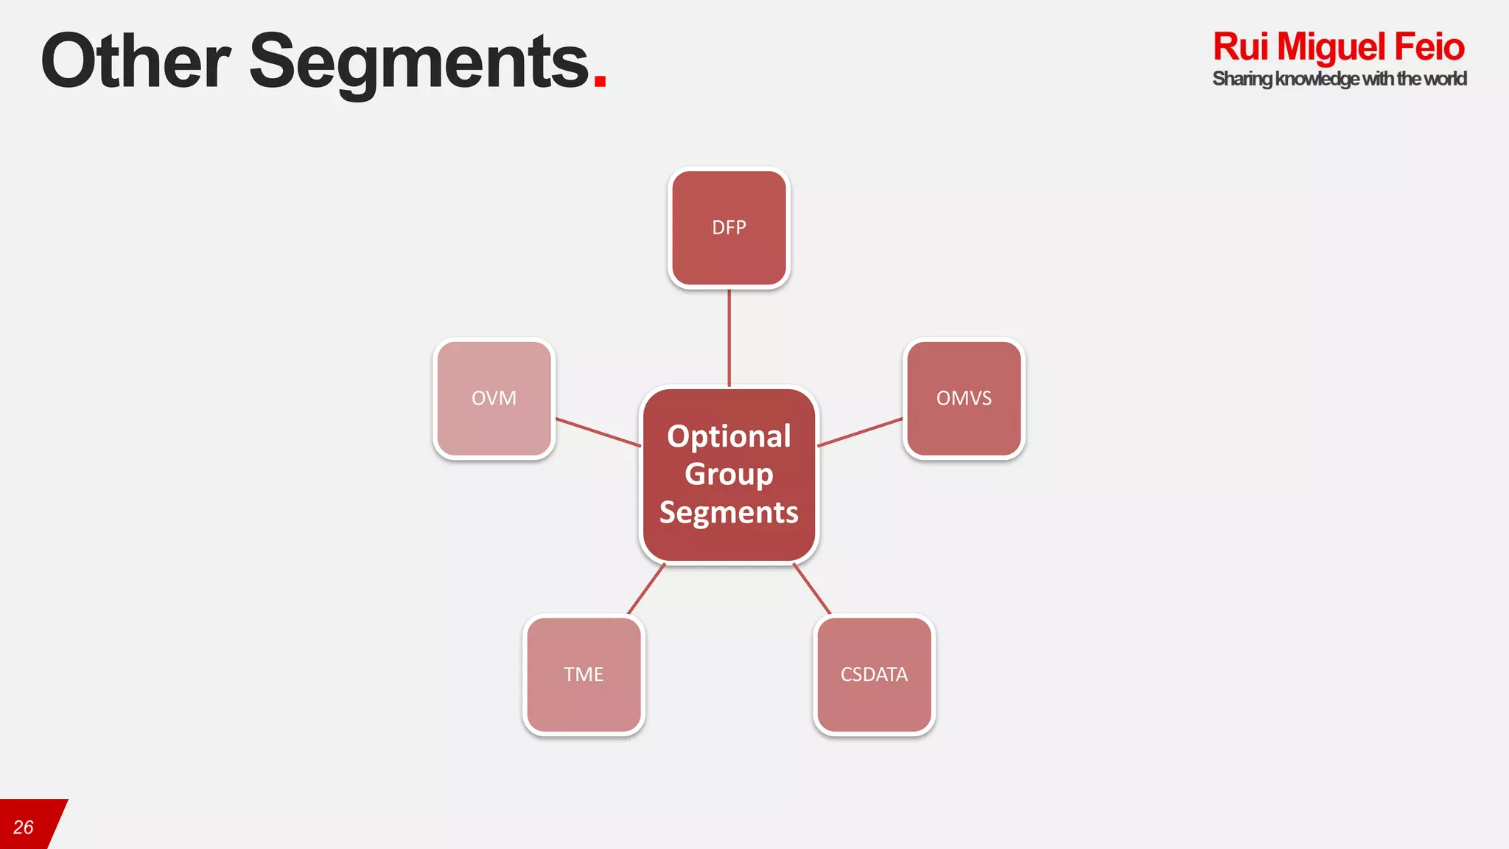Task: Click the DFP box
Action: click(729, 228)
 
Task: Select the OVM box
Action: click(494, 398)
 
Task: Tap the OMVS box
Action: click(964, 398)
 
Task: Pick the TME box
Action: click(584, 674)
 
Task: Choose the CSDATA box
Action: click(874, 674)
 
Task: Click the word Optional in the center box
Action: click(729, 436)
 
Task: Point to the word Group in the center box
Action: click(729, 474)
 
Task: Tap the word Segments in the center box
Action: click(729, 512)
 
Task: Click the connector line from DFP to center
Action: click(729, 338)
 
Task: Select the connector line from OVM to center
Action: click(598, 432)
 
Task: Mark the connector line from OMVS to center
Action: click(860, 432)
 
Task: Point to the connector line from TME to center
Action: click(646, 588)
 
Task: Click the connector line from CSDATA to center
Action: click(812, 588)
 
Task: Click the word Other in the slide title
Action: click(136, 62)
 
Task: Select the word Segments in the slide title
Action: click(419, 63)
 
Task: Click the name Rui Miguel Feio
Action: click(1338, 47)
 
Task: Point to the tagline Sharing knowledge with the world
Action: click(1339, 79)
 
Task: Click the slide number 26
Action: click(24, 828)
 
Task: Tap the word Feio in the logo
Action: click(1429, 47)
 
